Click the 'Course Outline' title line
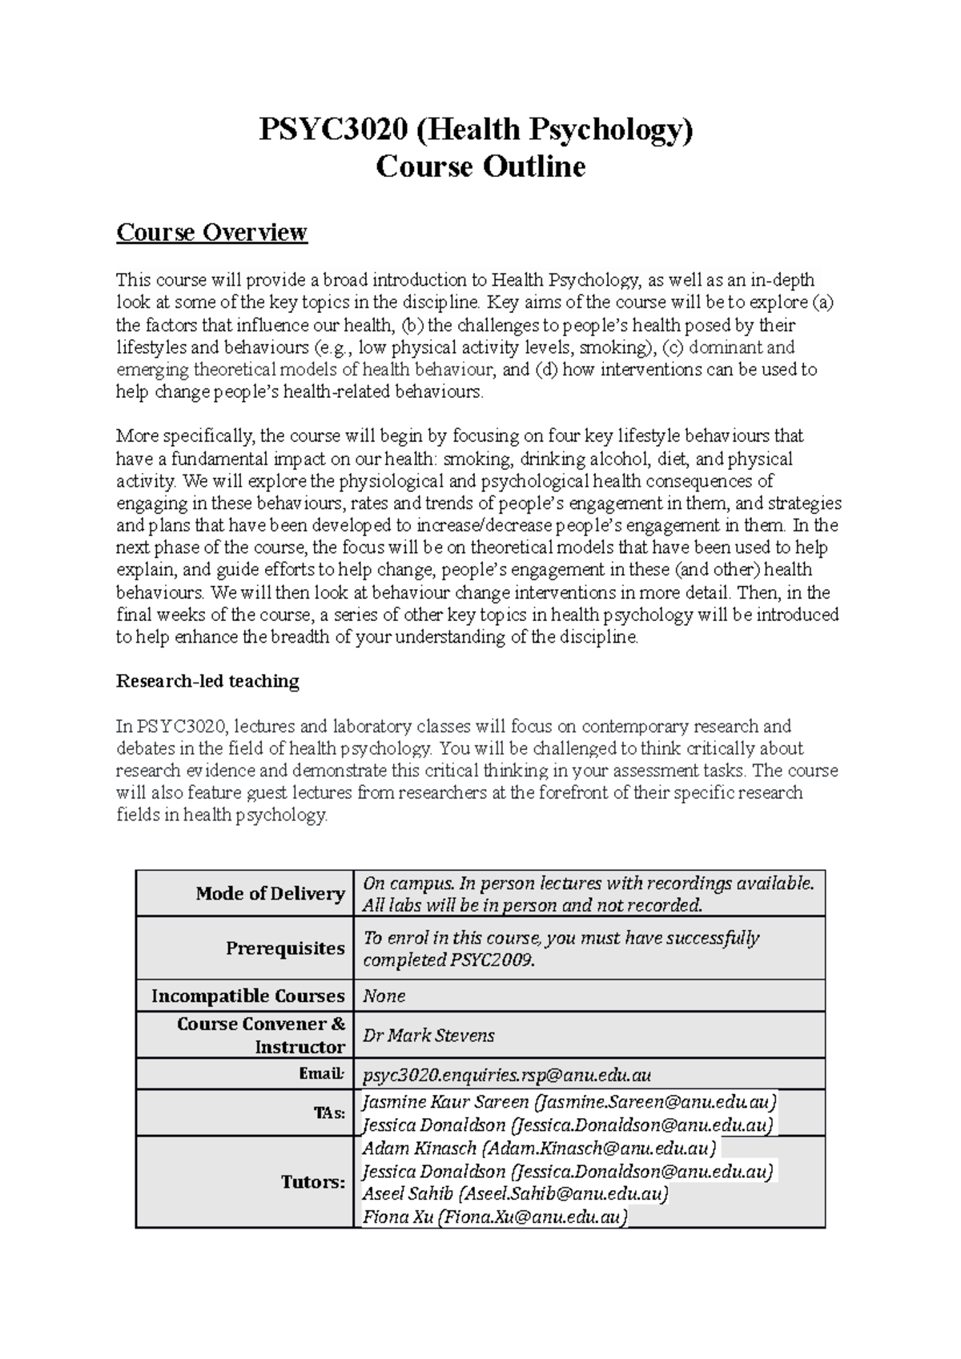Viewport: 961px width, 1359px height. (x=480, y=167)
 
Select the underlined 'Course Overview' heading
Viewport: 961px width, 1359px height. (x=211, y=232)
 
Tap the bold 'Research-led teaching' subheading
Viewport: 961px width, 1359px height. (x=207, y=681)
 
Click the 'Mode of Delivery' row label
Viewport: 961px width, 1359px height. (x=270, y=893)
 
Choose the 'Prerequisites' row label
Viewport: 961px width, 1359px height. (x=285, y=948)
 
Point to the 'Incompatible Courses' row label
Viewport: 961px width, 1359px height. (x=247, y=996)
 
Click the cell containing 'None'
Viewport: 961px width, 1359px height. (x=384, y=996)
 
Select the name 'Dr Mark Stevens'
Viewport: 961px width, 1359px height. (x=428, y=1036)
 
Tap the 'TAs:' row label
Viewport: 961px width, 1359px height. (x=330, y=1113)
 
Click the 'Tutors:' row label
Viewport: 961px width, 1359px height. (x=312, y=1182)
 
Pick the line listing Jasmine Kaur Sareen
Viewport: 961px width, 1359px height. (x=569, y=1102)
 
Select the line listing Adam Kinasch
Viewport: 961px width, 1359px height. (x=540, y=1149)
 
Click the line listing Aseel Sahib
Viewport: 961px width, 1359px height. (x=515, y=1194)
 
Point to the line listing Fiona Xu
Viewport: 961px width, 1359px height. (x=494, y=1217)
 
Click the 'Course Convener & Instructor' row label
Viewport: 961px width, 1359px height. (x=261, y=1036)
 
